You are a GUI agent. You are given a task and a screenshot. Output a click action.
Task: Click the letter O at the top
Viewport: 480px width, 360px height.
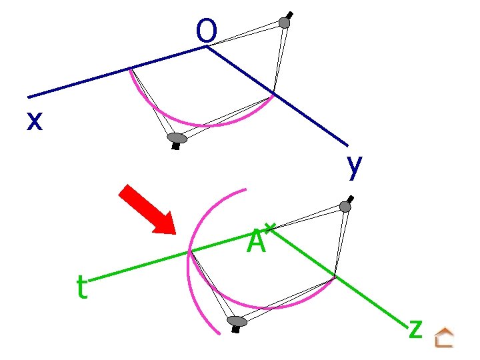pos(207,30)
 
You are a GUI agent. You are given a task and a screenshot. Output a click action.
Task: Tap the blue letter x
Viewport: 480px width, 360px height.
pos(35,121)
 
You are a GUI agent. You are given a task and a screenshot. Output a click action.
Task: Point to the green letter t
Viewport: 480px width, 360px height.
pos(81,288)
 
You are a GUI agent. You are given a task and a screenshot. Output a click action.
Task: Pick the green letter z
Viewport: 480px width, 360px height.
pos(415,327)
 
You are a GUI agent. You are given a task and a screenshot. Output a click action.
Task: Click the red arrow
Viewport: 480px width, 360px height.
pos(146,209)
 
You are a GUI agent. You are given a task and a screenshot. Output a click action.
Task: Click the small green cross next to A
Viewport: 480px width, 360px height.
pos(269,228)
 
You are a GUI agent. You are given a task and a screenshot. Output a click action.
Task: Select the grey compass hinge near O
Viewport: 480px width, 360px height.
pos(285,23)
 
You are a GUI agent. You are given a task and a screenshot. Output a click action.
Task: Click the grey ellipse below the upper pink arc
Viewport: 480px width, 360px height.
pos(177,138)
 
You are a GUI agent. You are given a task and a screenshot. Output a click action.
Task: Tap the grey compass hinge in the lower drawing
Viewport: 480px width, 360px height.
pos(345,206)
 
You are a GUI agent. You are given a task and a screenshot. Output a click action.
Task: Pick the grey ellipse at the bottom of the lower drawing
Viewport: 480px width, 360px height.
pos(237,322)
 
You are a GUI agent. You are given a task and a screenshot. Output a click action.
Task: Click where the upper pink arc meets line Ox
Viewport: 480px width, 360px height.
pos(130,68)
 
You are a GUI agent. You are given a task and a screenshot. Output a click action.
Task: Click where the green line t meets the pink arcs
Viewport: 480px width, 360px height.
pos(190,251)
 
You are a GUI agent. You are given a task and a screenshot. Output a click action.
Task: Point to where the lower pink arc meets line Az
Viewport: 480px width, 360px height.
pos(334,276)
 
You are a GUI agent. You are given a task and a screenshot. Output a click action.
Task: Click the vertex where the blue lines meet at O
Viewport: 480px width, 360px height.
pos(207,46)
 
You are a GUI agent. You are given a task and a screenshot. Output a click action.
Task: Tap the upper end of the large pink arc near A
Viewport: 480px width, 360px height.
pos(245,190)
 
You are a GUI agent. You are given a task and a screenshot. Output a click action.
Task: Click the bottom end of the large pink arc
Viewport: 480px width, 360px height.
pos(219,333)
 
